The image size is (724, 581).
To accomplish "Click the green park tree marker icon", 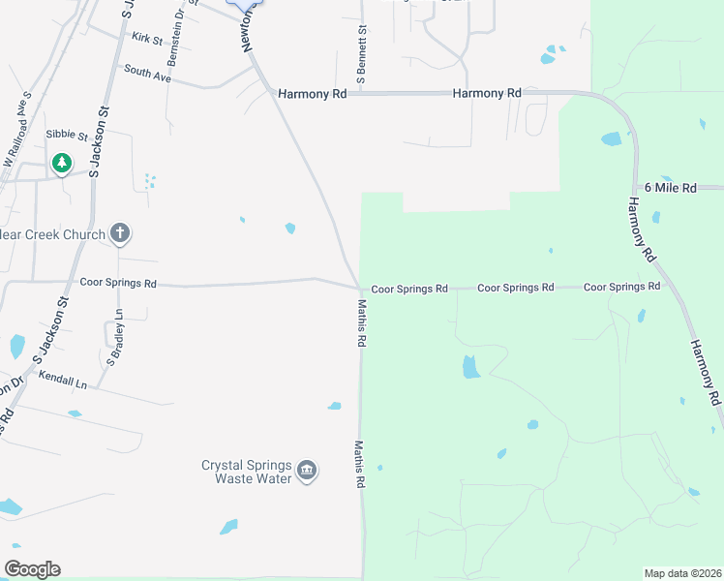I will pyautogui.click(x=62, y=163).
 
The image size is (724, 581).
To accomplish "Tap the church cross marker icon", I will pyautogui.click(x=120, y=232).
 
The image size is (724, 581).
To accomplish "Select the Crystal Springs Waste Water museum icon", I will pyautogui.click(x=307, y=472).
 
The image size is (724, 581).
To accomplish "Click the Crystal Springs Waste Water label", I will pyautogui.click(x=246, y=472).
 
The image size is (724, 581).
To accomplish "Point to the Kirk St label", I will pyautogui.click(x=148, y=38).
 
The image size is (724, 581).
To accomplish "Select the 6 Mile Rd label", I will pyautogui.click(x=670, y=188).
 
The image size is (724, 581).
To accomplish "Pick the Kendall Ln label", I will pyautogui.click(x=63, y=380).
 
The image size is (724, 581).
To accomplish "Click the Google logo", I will pyautogui.click(x=32, y=569).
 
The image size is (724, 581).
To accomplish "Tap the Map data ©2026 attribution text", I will pyautogui.click(x=682, y=573).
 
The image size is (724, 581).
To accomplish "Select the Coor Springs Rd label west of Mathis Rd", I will pyautogui.click(x=118, y=284).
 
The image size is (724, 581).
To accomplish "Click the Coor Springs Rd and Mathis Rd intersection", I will pyautogui.click(x=361, y=289).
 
